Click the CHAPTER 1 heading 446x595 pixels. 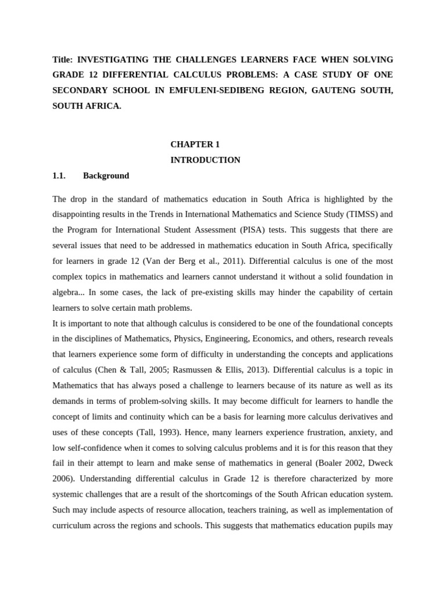195,144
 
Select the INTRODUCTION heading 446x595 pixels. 205,160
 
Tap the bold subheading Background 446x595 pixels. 106,175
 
